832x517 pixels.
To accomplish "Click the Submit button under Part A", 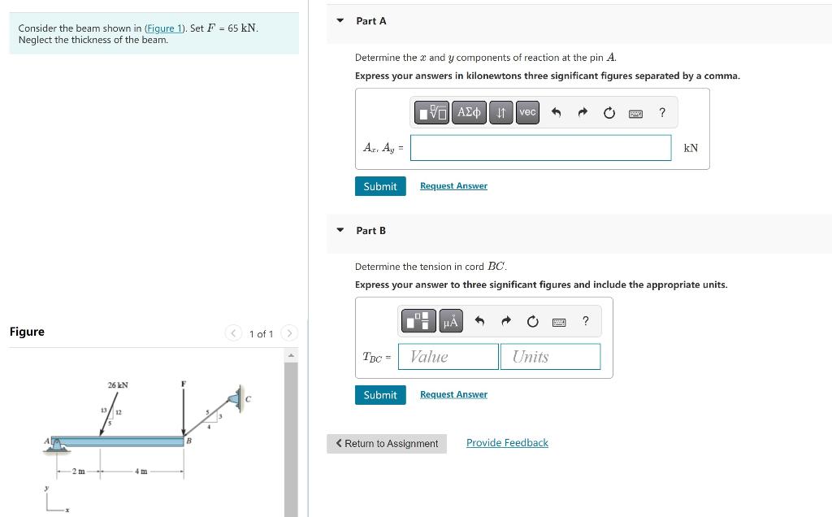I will click(379, 186).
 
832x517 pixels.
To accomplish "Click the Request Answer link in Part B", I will click(453, 394).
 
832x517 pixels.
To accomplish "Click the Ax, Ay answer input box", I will click(540, 148).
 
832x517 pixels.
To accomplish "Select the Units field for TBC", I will click(550, 357).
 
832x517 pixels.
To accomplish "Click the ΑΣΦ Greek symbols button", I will click(470, 112).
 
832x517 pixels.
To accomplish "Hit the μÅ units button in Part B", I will click(450, 321).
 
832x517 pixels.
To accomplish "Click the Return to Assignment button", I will click(387, 444).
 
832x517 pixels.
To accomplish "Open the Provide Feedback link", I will click(507, 443).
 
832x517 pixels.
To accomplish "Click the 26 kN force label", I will click(118, 384).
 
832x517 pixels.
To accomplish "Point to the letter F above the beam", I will click(184, 383).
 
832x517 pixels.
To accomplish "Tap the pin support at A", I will click(54, 443).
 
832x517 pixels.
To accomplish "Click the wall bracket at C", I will click(238, 398).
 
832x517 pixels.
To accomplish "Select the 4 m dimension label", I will click(141, 472).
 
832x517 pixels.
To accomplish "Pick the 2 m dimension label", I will click(79, 472).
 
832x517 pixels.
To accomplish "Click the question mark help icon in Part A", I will click(662, 112).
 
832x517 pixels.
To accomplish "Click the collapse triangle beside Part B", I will click(340, 230).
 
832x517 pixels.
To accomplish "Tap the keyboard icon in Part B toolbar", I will click(559, 322).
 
